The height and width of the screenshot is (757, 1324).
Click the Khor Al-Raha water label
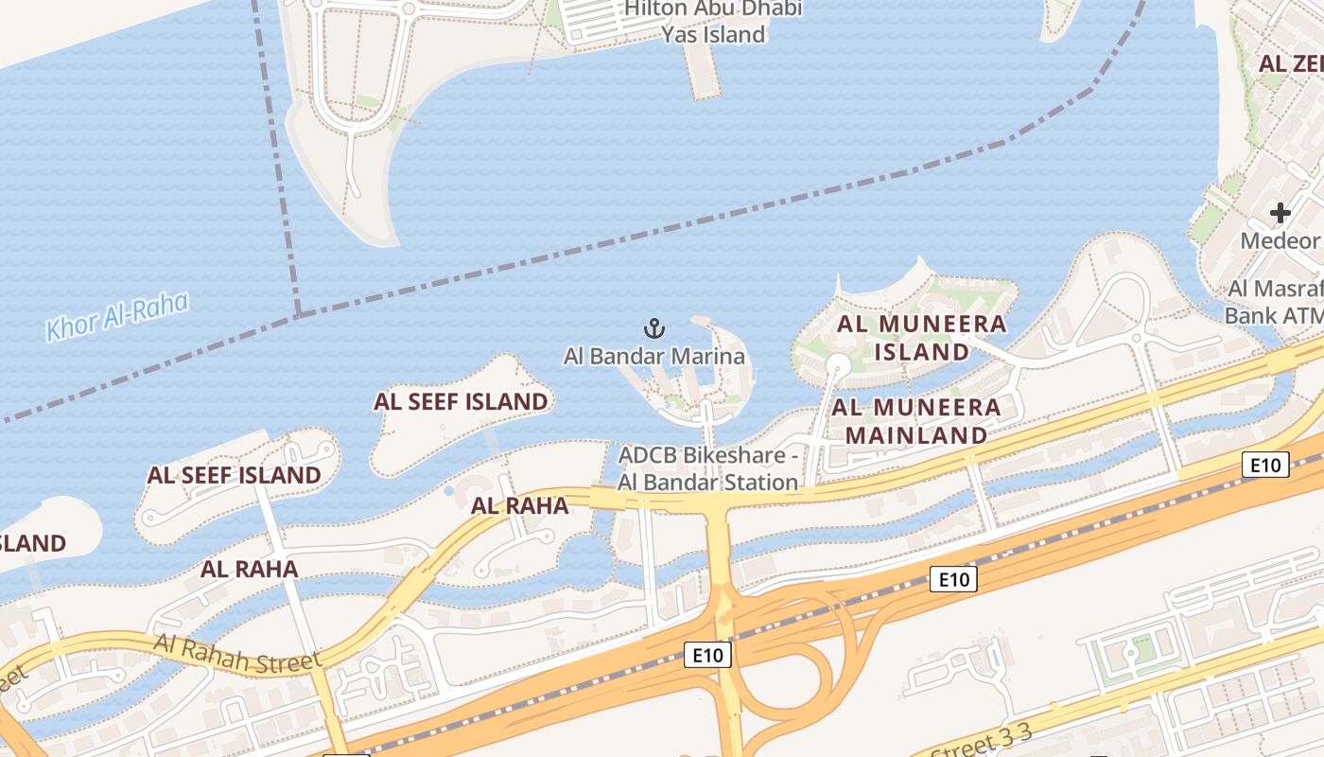[x=117, y=317]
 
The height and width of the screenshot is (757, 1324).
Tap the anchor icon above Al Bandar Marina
[x=654, y=329]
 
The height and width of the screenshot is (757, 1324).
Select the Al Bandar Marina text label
[x=654, y=357]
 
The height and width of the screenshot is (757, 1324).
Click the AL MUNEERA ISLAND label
[x=921, y=338]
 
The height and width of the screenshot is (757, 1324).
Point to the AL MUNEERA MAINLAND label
[x=915, y=421]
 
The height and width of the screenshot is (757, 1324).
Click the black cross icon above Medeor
[x=1280, y=213]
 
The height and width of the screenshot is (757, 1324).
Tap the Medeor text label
[x=1280, y=240]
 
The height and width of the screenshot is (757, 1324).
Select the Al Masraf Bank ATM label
[x=1274, y=302]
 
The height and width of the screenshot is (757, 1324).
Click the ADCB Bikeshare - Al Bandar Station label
[x=708, y=468]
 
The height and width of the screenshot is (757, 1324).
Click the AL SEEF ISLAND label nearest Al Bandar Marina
[x=461, y=401]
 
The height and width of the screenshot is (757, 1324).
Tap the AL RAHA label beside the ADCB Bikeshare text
[x=520, y=505]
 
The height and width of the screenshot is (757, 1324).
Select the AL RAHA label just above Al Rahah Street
[x=250, y=569]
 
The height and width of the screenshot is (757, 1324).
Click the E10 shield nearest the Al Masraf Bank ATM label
[x=1264, y=465]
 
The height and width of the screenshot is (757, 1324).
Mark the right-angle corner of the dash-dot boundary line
[x=299, y=313]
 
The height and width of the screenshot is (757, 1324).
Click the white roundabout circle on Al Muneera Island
[x=838, y=365]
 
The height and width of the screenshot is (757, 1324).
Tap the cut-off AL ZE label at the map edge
[x=1291, y=63]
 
